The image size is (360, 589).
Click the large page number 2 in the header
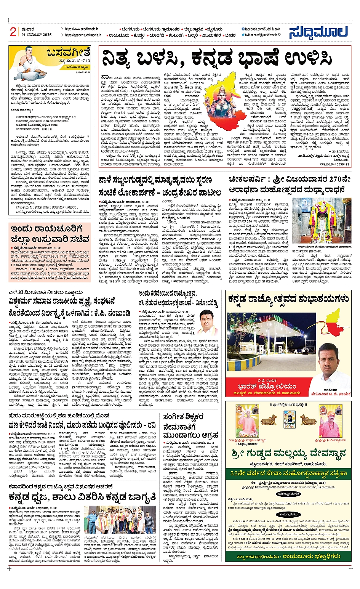(x=13, y=32)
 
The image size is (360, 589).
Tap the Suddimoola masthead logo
(x=318, y=32)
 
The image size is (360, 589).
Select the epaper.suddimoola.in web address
(x=83, y=35)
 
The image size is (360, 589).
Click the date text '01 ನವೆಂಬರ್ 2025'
(x=37, y=35)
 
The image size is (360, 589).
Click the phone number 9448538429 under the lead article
(x=338, y=164)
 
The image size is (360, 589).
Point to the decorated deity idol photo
(x=322, y=221)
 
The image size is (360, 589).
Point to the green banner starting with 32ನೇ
(x=288, y=473)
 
